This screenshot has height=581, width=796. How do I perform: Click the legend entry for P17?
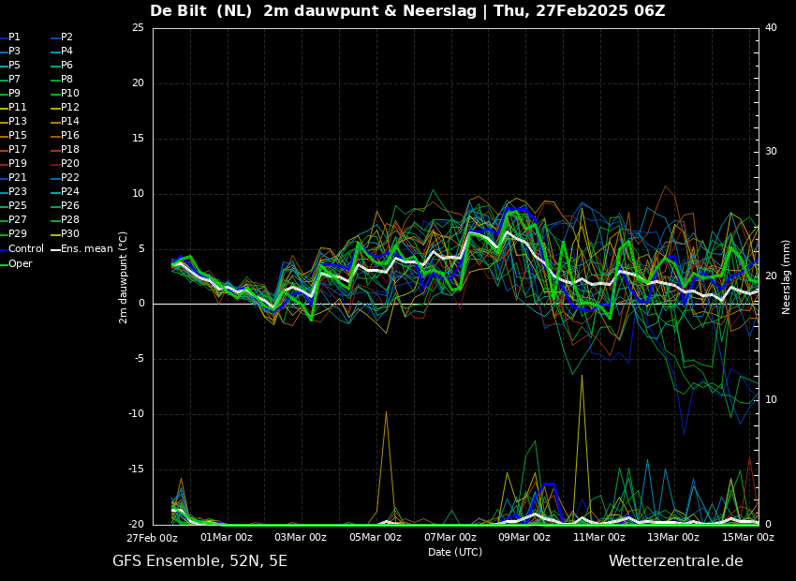(18, 149)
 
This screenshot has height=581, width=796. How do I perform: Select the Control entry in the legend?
(26, 249)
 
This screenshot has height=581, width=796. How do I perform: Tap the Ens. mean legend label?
(87, 249)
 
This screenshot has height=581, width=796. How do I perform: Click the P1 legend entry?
(14, 37)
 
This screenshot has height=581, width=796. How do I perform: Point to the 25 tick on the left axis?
(138, 27)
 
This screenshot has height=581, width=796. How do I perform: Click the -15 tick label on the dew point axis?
(136, 469)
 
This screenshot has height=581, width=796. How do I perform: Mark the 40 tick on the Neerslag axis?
(771, 27)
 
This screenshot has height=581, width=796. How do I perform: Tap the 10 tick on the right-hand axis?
(771, 400)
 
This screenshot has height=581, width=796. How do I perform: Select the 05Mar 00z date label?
(376, 537)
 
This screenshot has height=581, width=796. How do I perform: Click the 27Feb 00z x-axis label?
(153, 538)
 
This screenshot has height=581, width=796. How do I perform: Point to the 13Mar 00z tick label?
(673, 537)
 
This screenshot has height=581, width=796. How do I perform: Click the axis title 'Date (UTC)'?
(455, 552)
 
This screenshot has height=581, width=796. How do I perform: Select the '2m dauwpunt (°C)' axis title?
(124, 277)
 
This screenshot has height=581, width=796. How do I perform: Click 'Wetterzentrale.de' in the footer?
(676, 561)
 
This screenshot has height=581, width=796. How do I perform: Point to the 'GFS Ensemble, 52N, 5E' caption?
(199, 561)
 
